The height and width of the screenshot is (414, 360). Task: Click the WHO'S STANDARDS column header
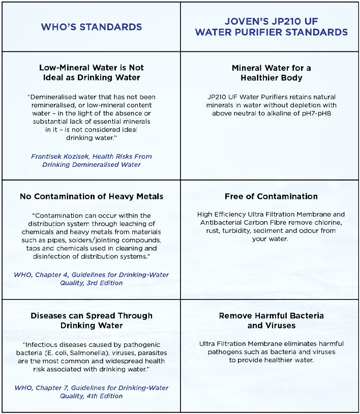92,27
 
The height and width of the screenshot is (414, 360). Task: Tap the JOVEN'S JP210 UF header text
271,22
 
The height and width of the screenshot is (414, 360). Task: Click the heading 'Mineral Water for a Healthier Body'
271,73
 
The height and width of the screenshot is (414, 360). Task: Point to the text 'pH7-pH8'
316,113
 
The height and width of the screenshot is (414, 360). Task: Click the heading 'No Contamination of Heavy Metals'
92,196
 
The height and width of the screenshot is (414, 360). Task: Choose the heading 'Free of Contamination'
271,196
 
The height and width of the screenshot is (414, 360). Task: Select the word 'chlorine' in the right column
326,223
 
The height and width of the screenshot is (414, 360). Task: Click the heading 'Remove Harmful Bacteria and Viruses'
271,320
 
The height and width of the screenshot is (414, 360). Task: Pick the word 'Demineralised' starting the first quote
53,97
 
